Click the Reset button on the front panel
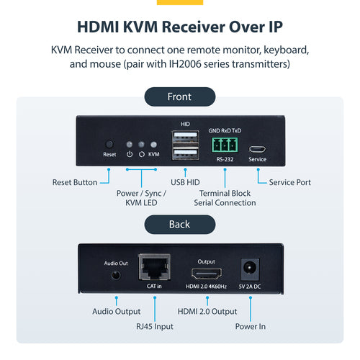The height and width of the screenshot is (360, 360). (x=109, y=144)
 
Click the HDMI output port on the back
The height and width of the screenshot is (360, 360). (x=207, y=274)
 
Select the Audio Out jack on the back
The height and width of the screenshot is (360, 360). (x=115, y=274)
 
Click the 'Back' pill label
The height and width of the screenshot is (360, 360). (x=179, y=224)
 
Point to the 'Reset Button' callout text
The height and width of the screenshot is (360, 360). (x=75, y=182)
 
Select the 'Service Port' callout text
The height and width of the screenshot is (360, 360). (x=289, y=182)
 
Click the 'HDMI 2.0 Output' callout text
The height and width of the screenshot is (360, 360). (x=207, y=311)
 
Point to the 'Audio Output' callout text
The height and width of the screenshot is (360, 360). (x=116, y=311)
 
